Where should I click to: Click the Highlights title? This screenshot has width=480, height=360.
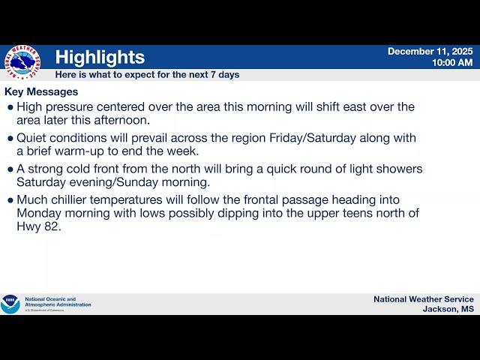[100, 57]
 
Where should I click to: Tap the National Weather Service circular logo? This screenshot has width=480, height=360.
[21, 62]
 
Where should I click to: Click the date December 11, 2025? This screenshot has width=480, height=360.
[430, 51]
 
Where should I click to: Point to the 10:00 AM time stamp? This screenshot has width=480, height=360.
[451, 62]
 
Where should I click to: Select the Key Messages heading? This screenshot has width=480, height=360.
[41, 91]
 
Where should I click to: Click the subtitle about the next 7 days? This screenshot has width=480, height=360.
[147, 74]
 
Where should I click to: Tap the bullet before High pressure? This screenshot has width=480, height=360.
[10, 107]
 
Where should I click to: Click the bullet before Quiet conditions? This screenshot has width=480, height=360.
[10, 138]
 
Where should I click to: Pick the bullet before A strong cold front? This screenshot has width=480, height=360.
[10, 169]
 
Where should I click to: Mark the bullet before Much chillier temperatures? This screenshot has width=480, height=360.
[10, 200]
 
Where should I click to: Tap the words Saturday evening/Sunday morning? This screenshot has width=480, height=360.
[113, 182]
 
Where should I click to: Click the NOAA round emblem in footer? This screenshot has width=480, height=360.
[10, 304]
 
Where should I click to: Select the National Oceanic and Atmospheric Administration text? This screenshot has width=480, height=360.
[58, 301]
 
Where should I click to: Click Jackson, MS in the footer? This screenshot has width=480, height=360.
[448, 309]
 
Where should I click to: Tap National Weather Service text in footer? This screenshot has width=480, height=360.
[423, 299]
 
